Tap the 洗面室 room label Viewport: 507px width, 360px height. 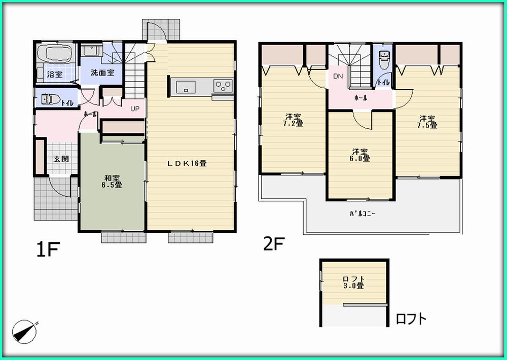[102, 73]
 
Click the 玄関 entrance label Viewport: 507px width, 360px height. [61, 159]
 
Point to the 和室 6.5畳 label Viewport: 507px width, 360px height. [112, 182]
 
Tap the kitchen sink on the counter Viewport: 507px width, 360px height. [186, 87]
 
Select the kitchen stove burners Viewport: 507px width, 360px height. [223, 86]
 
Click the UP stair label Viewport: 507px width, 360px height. [135, 109]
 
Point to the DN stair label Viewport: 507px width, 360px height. [338, 77]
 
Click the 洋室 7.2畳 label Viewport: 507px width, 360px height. [293, 119]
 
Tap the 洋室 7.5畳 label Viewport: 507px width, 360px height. [427, 122]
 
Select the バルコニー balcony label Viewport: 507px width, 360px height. [361, 213]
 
